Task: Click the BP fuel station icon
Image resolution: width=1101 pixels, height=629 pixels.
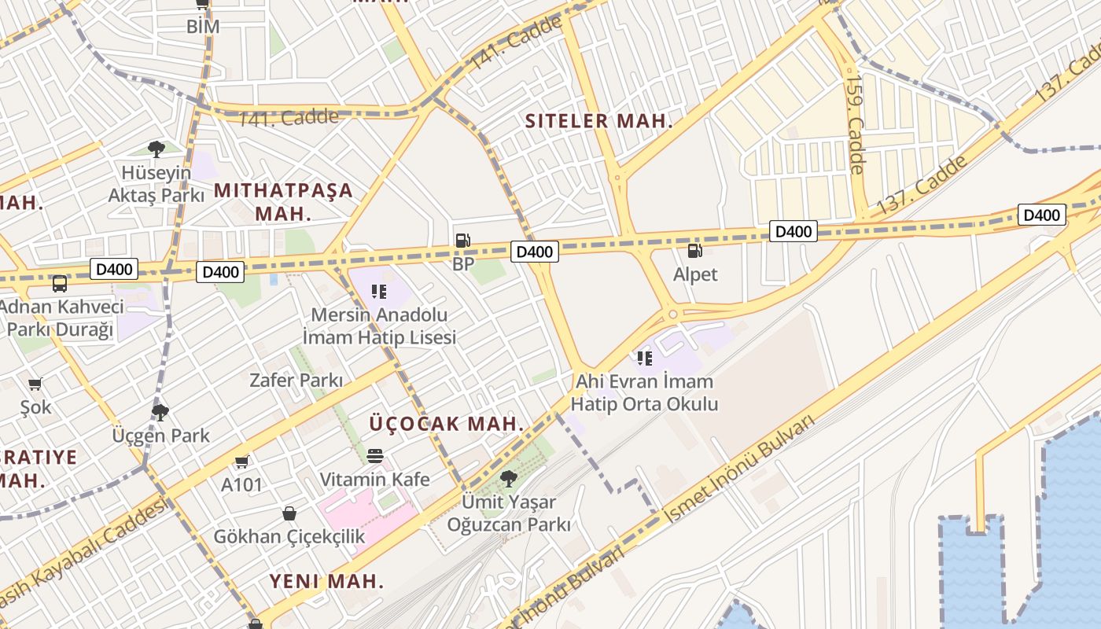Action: (x=462, y=241)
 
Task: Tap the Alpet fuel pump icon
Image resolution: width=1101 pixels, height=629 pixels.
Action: (x=694, y=251)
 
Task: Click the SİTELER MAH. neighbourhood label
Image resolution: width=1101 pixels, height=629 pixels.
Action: (x=598, y=121)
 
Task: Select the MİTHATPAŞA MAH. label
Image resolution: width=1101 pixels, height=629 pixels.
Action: (x=283, y=201)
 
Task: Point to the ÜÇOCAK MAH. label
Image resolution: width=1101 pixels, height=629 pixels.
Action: (x=446, y=423)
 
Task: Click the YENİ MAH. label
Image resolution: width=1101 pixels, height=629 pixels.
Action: (x=326, y=581)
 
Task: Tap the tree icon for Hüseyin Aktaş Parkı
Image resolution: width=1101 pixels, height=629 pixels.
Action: (x=156, y=149)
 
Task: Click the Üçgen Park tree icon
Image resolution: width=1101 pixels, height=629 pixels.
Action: (x=160, y=412)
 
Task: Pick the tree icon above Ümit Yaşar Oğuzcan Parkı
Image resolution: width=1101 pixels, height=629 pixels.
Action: (x=509, y=477)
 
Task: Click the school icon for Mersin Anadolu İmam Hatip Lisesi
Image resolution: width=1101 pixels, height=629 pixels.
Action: (x=379, y=292)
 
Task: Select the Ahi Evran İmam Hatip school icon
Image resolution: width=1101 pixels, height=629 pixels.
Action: (x=645, y=359)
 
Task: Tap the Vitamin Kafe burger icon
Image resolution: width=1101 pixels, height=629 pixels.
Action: (x=375, y=456)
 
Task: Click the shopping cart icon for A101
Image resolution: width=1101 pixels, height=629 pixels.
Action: (x=241, y=462)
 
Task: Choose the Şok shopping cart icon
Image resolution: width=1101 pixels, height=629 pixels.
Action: (x=35, y=384)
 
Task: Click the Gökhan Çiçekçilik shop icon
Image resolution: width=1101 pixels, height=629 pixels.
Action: (x=289, y=513)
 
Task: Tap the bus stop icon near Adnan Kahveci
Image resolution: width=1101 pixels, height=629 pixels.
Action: (x=60, y=284)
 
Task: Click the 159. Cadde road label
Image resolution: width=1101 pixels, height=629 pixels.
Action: (x=855, y=123)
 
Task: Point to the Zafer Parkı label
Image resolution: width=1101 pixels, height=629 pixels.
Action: (x=296, y=381)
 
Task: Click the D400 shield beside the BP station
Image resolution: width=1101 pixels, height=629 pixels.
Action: (x=535, y=252)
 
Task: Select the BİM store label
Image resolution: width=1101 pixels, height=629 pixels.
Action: (x=202, y=26)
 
